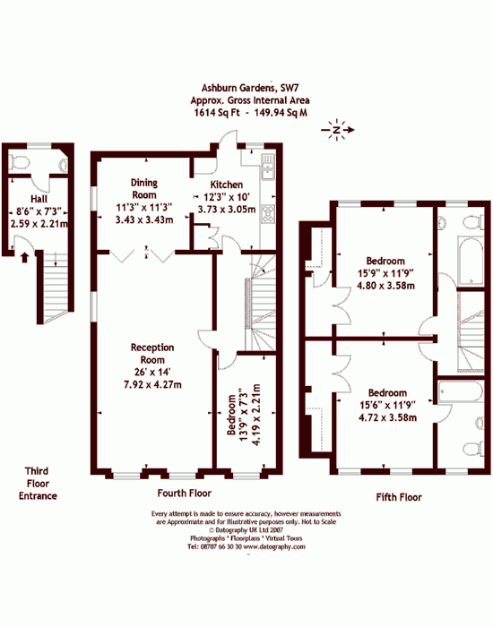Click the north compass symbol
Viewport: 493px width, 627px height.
[337, 130]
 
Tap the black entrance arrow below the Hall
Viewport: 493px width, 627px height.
[24, 257]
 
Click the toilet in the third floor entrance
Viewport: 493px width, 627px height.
[20, 163]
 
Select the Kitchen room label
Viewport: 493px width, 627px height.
[227, 185]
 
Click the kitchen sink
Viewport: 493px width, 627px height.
[267, 167]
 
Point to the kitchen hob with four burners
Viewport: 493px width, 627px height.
[268, 213]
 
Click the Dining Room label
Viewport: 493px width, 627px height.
[144, 189]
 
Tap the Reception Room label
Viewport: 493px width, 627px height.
[152, 354]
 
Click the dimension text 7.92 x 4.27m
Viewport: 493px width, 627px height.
[152, 384]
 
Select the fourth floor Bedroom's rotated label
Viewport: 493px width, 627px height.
[232, 415]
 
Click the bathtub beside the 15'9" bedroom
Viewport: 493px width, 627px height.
[470, 262]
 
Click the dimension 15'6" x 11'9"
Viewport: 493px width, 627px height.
[387, 405]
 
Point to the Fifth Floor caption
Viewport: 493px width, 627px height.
[399, 497]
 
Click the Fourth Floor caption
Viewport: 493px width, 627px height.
[185, 493]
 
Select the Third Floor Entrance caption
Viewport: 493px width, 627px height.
[38, 484]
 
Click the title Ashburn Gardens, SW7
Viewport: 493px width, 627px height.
[250, 88]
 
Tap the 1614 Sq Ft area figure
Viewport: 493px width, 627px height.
[217, 113]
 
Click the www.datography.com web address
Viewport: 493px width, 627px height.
[274, 546]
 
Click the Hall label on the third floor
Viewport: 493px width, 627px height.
[39, 199]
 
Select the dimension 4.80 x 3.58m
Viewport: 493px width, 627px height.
[385, 286]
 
